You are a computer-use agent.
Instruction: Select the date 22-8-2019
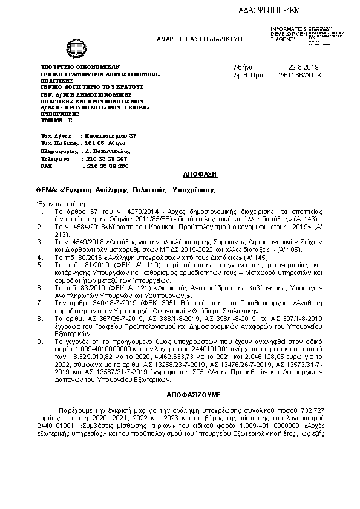pyautogui.click(x=304, y=66)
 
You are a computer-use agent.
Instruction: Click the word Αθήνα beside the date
pyautogui.click(x=244, y=66)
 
